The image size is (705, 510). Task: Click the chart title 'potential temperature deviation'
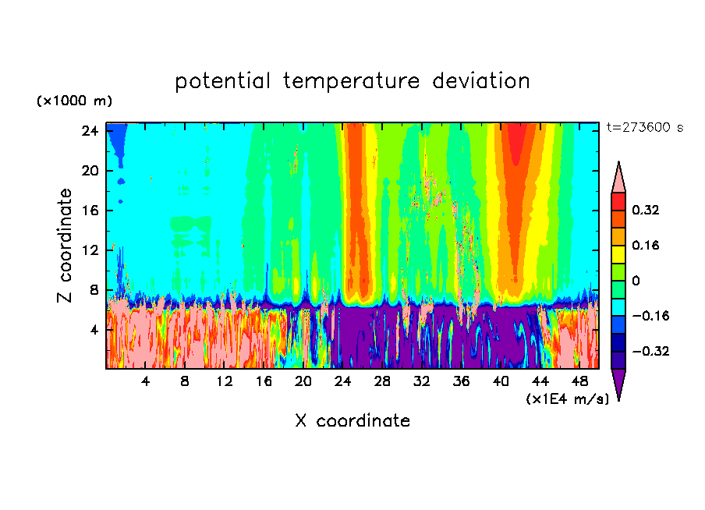pyautogui.click(x=352, y=81)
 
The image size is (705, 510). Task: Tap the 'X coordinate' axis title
pyautogui.click(x=352, y=421)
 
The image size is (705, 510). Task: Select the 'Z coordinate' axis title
pyautogui.click(x=66, y=246)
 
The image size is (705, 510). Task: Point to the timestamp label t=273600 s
pyautogui.click(x=645, y=128)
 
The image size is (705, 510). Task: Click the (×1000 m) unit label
pyautogui.click(x=74, y=101)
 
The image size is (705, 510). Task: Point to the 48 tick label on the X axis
pyautogui.click(x=580, y=381)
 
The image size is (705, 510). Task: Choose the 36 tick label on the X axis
pyautogui.click(x=462, y=381)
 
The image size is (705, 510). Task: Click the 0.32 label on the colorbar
pyautogui.click(x=646, y=211)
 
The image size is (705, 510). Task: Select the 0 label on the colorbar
pyautogui.click(x=636, y=281)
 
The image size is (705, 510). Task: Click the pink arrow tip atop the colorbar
pyautogui.click(x=618, y=175)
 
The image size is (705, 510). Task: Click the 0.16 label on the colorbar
pyautogui.click(x=646, y=246)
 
